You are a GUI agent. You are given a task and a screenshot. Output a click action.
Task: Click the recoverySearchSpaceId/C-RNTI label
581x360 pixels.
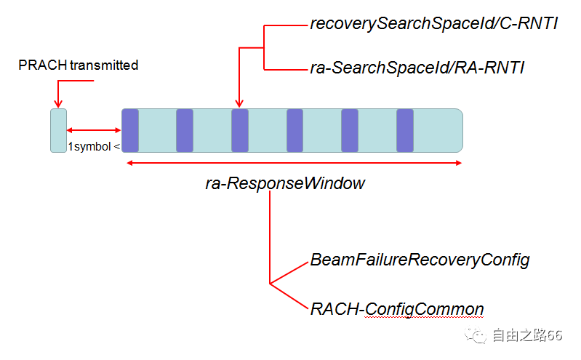[x=433, y=25]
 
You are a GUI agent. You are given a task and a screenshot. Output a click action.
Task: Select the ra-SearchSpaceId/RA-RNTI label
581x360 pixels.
[x=417, y=68]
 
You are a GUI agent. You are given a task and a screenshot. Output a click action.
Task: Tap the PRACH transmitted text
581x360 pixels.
[x=79, y=65]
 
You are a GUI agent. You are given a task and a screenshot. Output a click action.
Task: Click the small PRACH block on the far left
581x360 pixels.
[x=58, y=130]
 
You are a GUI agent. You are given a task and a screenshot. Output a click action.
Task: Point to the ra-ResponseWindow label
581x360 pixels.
[x=285, y=183]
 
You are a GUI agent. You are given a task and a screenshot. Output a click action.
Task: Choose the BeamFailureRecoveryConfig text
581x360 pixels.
[x=420, y=260]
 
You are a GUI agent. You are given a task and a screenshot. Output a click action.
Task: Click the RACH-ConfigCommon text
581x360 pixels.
[x=397, y=309]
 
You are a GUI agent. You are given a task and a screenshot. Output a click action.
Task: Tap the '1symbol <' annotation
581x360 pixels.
[x=94, y=146]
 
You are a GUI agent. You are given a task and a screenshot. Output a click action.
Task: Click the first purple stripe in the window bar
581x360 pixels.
[x=130, y=130]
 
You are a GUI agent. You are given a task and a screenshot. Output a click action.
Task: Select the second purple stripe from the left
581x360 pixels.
[x=185, y=130]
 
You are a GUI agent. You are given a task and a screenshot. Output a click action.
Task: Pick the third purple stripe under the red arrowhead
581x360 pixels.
[x=240, y=130]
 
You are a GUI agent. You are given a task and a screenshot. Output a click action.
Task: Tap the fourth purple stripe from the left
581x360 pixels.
[x=294, y=130]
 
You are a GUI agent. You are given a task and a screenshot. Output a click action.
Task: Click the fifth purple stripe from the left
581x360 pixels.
[x=350, y=130]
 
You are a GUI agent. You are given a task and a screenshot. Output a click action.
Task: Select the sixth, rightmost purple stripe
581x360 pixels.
[x=404, y=130]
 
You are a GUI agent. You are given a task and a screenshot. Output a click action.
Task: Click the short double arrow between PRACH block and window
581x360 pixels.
[x=94, y=131]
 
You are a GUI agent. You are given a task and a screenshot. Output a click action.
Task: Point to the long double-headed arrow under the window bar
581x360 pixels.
[x=294, y=163]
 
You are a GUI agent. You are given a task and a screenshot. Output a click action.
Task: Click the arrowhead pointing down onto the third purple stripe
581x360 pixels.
[x=239, y=104]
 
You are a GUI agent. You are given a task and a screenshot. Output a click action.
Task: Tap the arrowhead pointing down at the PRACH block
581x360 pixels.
[x=57, y=104]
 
